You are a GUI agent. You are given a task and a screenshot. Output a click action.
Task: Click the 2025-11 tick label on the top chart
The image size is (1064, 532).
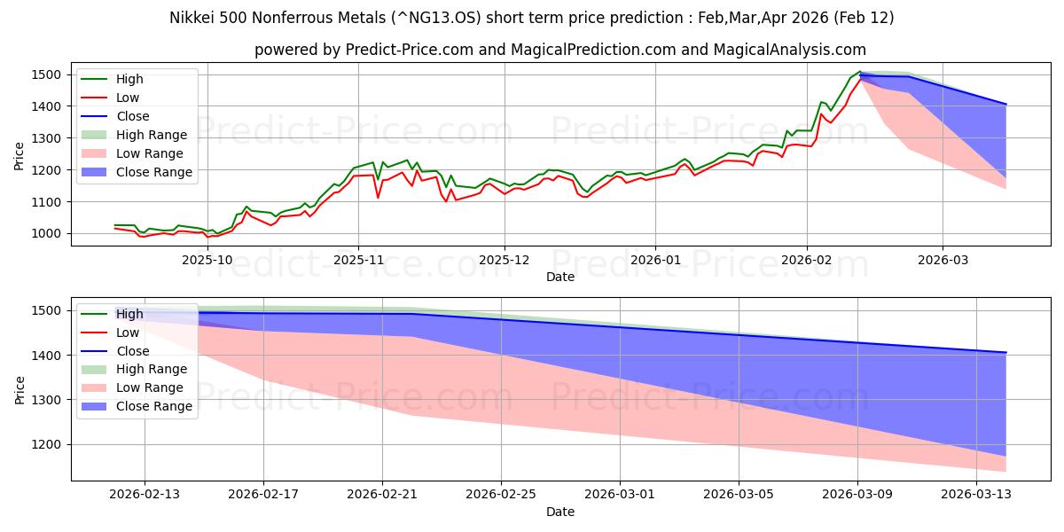pos(358,260)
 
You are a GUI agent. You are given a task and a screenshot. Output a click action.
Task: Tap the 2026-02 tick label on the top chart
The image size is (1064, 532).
pos(807,260)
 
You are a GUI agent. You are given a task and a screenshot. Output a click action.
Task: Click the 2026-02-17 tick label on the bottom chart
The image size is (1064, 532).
pos(263,495)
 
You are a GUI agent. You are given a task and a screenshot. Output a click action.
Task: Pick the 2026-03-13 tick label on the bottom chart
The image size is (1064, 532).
pos(976,495)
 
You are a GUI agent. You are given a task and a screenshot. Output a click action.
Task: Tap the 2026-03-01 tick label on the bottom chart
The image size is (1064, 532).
pos(620,495)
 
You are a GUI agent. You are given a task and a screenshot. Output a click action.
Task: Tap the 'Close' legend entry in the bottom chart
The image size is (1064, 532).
pos(132,351)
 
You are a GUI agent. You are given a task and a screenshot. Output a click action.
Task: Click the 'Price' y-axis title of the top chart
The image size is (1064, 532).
pos(20,155)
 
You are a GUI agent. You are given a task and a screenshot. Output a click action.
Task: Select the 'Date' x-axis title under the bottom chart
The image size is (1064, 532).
pos(560,512)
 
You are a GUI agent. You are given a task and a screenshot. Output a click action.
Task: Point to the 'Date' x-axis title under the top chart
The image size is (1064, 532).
pos(560,277)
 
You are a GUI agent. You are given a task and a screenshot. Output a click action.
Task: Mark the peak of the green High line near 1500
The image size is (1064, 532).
pos(859,72)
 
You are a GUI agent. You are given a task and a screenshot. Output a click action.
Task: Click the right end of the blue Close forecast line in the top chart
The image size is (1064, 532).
pos(1006,105)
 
